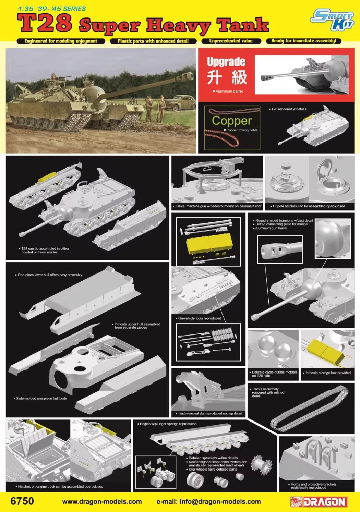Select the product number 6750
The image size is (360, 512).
[22, 501]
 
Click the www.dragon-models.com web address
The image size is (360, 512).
[102, 502]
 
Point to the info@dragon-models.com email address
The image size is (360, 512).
[208, 502]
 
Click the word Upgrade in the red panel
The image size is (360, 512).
[226, 62]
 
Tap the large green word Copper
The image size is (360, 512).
[231, 121]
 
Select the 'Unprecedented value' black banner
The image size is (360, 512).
[231, 41]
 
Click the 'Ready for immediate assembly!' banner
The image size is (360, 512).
[303, 41]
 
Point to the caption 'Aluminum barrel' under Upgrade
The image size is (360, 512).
[229, 92]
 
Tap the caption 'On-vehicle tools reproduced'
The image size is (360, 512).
[200, 318]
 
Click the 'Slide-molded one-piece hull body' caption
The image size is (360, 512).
[41, 398]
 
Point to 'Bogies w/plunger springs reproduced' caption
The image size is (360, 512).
[168, 424]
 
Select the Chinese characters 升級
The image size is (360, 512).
[227, 77]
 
